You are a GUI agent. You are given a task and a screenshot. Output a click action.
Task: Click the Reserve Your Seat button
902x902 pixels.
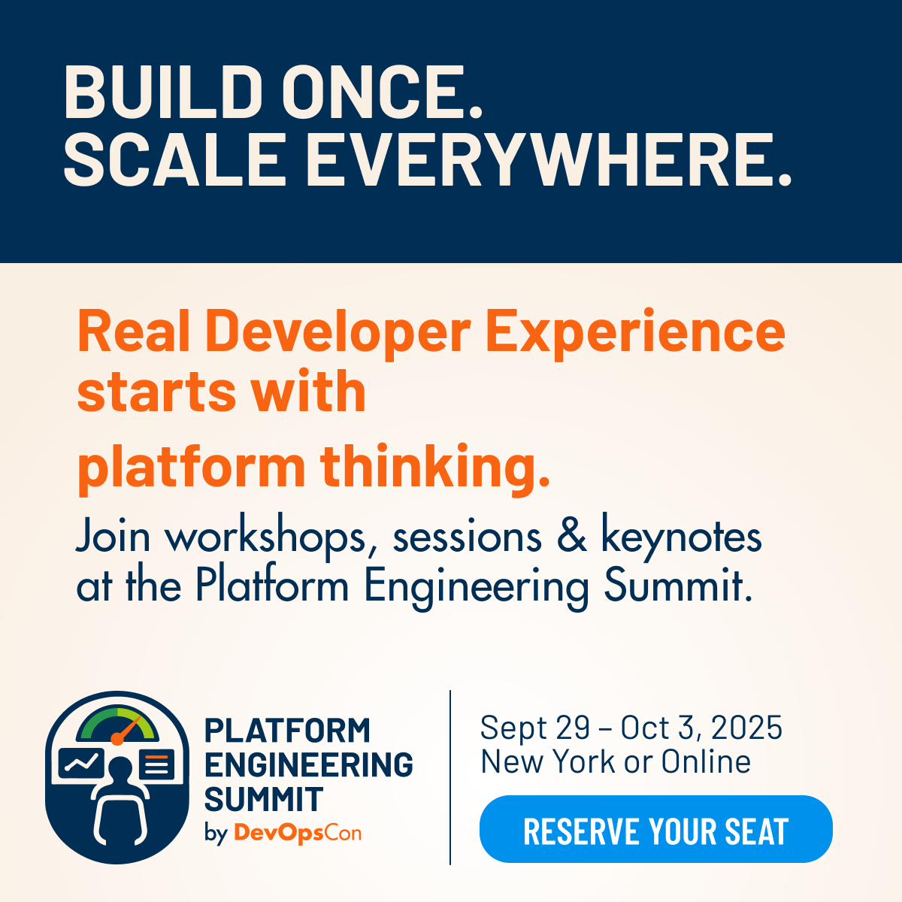(655, 828)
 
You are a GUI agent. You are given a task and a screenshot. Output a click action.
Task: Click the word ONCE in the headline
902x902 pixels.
(382, 91)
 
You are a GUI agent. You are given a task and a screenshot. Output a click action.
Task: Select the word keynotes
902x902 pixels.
(681, 537)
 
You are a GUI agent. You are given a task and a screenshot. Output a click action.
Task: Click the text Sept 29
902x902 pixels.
(535, 728)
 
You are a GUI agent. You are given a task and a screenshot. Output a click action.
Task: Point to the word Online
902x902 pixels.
(706, 761)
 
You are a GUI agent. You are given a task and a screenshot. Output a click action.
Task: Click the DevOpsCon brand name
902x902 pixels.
(298, 833)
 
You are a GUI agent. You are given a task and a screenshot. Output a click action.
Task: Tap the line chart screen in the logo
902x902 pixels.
(81, 762)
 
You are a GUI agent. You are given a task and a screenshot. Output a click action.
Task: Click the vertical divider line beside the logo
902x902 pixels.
(450, 777)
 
